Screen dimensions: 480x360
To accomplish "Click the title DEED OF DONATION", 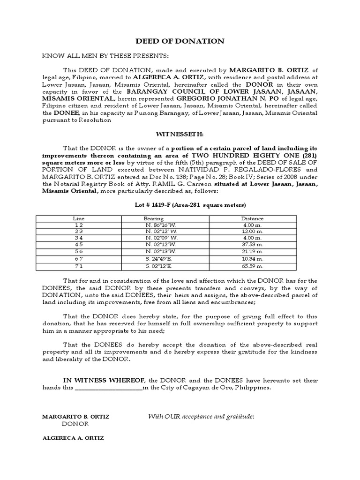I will (x=180, y=41).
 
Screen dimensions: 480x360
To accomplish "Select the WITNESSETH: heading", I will (x=180, y=134).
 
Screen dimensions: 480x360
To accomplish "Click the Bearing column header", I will (x=154, y=218).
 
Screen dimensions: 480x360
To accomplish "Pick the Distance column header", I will (x=252, y=218).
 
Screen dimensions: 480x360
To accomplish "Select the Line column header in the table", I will (x=78, y=218).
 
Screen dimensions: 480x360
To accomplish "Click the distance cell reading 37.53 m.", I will (x=252, y=245).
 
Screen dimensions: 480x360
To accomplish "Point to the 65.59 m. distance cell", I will (x=252, y=266).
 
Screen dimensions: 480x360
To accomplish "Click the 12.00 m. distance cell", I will (x=252, y=232).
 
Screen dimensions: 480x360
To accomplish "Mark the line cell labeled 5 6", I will (x=78, y=252).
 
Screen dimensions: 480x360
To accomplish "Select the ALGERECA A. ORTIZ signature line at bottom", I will (x=73, y=438).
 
